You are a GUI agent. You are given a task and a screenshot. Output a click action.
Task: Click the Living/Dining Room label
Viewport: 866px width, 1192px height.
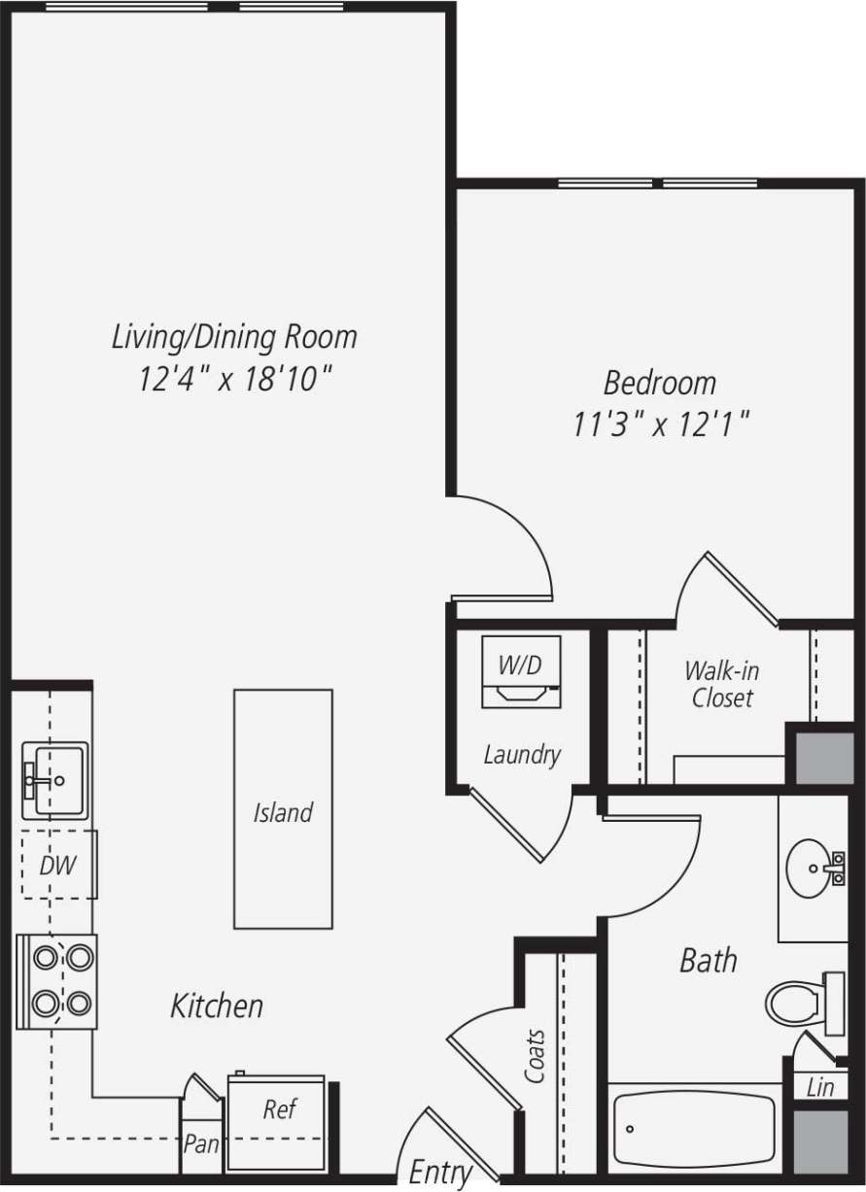click(x=234, y=337)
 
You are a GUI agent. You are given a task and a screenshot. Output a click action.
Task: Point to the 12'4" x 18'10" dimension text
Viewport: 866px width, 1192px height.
click(x=234, y=379)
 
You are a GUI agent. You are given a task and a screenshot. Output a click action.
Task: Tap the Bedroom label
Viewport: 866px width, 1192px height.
click(x=659, y=382)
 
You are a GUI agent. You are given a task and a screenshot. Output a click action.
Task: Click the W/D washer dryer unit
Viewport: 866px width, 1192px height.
click(x=521, y=671)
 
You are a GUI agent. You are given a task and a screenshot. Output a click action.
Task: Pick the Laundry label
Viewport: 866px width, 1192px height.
click(x=522, y=754)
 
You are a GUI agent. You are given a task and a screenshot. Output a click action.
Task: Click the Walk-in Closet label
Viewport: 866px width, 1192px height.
click(x=721, y=684)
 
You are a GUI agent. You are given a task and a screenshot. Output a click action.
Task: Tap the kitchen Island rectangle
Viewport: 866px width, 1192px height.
click(x=283, y=809)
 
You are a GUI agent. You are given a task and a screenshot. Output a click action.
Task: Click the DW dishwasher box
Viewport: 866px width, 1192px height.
click(x=57, y=865)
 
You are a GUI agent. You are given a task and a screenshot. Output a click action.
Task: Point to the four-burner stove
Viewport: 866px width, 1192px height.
click(x=56, y=980)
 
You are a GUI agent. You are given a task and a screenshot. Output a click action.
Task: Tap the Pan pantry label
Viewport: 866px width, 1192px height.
click(x=201, y=1144)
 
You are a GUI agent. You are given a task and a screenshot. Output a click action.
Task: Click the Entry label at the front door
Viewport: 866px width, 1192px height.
click(x=439, y=1172)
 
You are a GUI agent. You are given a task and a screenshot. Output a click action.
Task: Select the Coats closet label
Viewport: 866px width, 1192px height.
click(x=535, y=1056)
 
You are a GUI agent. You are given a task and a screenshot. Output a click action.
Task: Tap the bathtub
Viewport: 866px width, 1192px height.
click(x=694, y=1128)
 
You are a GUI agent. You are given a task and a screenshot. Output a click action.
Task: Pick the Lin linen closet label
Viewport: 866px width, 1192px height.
click(x=819, y=1087)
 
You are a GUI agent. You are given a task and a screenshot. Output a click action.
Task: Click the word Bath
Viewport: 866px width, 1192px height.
click(x=708, y=961)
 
